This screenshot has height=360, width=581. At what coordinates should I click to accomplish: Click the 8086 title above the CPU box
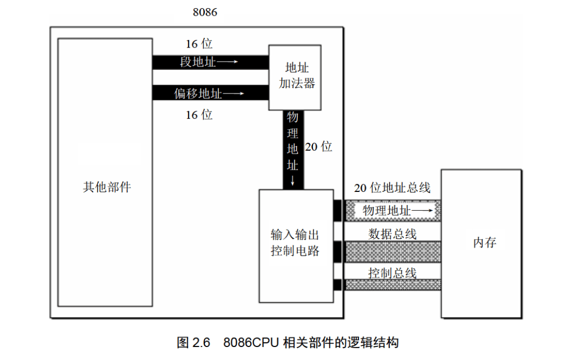(x=205, y=12)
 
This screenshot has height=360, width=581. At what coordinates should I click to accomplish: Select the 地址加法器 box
(x=295, y=77)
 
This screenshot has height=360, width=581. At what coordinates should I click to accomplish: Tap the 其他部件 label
(x=106, y=187)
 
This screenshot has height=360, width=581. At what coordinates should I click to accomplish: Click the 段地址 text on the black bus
(x=198, y=62)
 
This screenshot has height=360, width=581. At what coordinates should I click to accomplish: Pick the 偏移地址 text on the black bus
(x=198, y=94)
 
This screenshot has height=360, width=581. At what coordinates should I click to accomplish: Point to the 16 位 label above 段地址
(x=199, y=44)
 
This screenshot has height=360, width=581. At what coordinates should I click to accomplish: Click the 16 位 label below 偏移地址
(x=199, y=115)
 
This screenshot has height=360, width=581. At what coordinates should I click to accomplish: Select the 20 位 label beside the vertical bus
(x=319, y=147)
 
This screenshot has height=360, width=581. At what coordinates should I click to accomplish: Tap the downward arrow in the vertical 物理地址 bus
(x=293, y=181)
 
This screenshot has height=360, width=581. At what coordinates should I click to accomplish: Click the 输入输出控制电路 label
(x=295, y=243)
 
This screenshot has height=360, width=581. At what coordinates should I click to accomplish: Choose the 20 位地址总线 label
(x=392, y=188)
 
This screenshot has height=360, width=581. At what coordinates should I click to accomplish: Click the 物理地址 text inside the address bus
(x=386, y=211)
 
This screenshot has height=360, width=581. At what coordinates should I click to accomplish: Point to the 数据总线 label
(x=392, y=234)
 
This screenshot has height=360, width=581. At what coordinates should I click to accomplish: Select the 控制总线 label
(x=392, y=274)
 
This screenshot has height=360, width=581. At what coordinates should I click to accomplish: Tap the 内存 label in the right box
(x=485, y=243)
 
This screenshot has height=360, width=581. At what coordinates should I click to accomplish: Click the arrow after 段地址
(x=227, y=62)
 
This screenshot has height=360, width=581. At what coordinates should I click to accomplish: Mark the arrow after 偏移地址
(x=233, y=94)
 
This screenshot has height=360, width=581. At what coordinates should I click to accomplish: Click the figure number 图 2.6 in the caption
(x=193, y=343)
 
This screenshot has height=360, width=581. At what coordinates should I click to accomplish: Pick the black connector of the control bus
(x=337, y=285)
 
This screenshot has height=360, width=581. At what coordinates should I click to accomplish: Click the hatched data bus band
(x=393, y=252)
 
